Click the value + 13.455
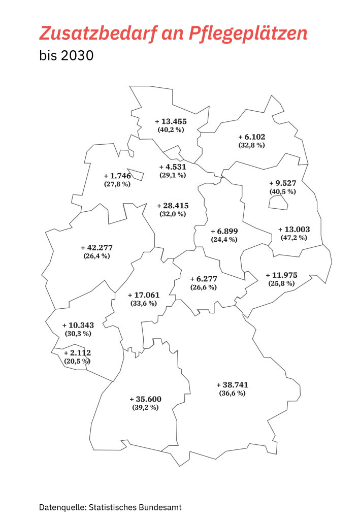(x=171, y=121)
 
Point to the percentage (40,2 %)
(x=171, y=129)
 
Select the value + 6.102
(x=251, y=137)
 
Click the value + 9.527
(x=282, y=183)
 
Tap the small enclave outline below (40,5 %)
(x=278, y=203)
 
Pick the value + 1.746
(x=117, y=176)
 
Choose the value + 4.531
(x=172, y=167)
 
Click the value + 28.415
(x=172, y=206)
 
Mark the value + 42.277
(x=96, y=248)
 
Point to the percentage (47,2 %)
(x=293, y=237)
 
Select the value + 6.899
(x=224, y=231)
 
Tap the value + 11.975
(x=281, y=275)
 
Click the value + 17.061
(x=143, y=295)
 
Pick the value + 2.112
(x=77, y=353)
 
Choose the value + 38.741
(x=232, y=385)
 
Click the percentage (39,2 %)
(x=145, y=407)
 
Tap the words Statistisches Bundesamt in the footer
(x=135, y=507)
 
